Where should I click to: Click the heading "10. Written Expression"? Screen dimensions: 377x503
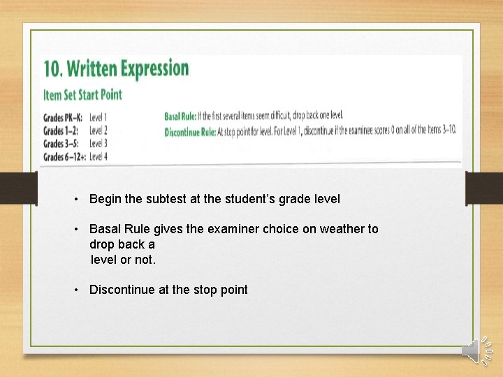coord(116,69)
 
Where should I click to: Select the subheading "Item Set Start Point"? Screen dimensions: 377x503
coord(82,94)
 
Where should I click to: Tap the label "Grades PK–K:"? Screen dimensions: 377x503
coord(64,117)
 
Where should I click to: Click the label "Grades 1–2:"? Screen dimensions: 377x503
coord(61,131)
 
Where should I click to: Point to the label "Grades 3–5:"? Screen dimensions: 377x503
coord(61,144)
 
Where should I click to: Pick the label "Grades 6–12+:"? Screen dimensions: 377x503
coord(64,157)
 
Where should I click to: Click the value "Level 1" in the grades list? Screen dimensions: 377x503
coord(99,117)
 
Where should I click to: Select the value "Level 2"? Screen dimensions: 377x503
coord(99,131)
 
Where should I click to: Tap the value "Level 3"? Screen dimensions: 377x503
coord(99,144)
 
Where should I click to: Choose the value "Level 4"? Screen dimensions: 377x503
coord(99,157)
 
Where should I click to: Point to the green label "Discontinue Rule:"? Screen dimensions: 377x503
coord(190,131)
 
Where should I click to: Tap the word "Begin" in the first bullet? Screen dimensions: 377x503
coord(105,199)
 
